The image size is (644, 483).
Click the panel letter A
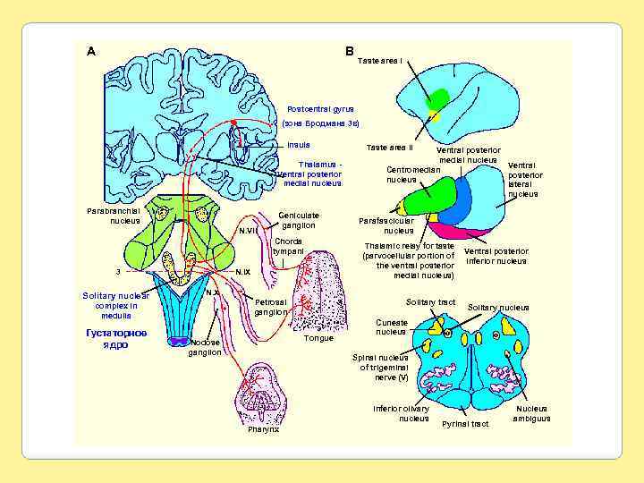tap(91, 51)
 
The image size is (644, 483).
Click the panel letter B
tap(349, 51)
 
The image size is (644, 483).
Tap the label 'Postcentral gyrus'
tap(320, 109)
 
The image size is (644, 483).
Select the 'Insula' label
tap(299, 145)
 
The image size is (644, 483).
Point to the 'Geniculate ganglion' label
tap(299, 220)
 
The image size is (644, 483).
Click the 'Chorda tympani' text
tap(288, 246)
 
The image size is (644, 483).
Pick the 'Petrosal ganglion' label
tap(270, 307)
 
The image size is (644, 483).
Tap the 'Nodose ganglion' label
tap(205, 347)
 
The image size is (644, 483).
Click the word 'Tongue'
tap(318, 338)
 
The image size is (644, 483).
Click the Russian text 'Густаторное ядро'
tap(110, 338)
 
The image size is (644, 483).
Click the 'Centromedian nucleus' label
tap(412, 174)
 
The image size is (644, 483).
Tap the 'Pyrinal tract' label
tap(465, 423)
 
